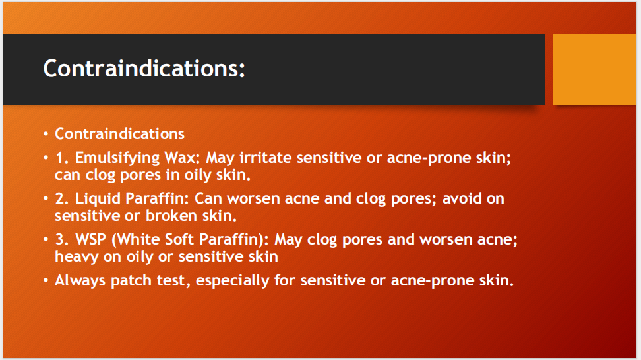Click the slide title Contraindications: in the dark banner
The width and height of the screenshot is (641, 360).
[144, 69]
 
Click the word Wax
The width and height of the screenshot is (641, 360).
[185, 158]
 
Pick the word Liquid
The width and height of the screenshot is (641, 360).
[98, 199]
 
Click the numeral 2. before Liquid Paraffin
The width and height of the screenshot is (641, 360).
[62, 199]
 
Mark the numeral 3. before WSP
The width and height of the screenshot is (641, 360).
[62, 239]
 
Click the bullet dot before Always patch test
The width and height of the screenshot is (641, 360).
[46, 280]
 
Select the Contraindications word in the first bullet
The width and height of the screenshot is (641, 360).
[119, 134]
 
